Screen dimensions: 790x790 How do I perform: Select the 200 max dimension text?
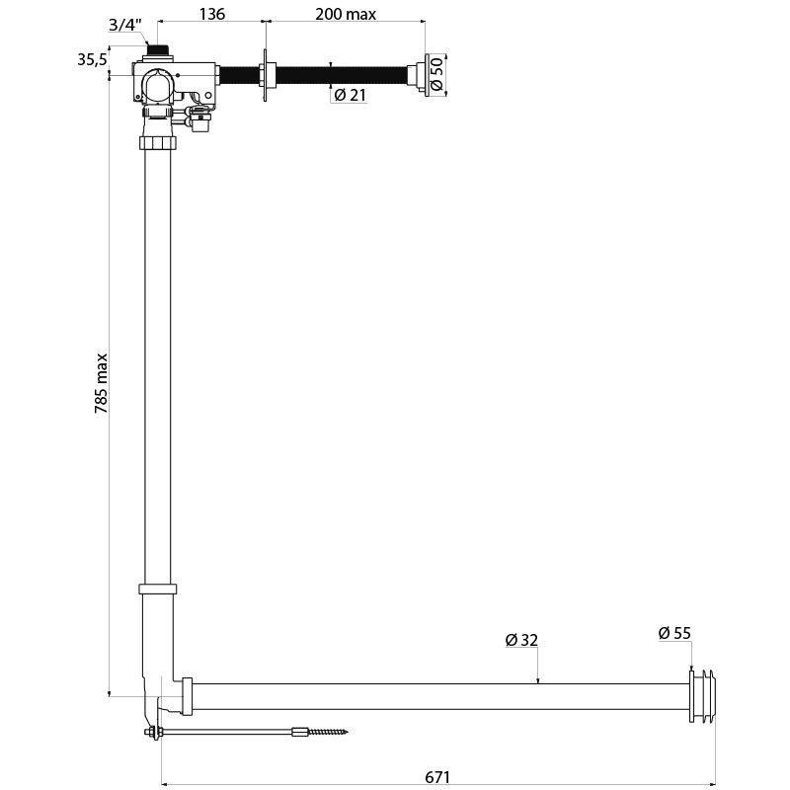coord(345,14)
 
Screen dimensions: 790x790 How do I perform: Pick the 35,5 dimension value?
coord(92,59)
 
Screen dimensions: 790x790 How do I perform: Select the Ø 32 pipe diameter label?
coord(520,640)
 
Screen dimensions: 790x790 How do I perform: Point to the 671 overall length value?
coord(438,777)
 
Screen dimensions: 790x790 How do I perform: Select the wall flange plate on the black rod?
coord(265,75)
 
